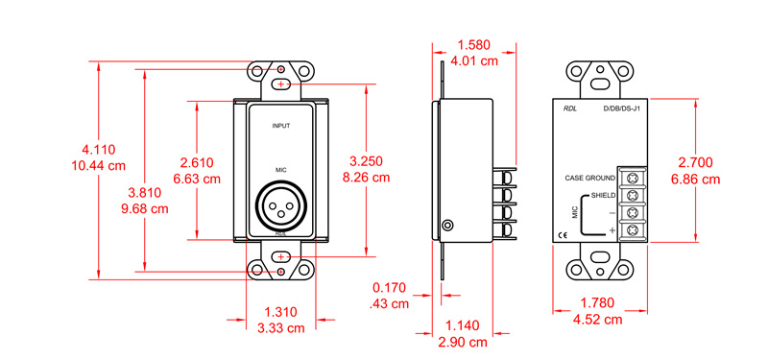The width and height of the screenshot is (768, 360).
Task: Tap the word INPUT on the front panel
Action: tap(281, 126)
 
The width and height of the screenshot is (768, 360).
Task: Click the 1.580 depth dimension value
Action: tap(477, 44)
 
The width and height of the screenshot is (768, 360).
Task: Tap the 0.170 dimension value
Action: tap(391, 287)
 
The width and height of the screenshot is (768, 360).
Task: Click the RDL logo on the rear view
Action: tap(571, 108)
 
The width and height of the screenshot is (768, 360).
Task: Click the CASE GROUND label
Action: tap(588, 179)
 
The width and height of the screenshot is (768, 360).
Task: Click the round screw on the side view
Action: tap(448, 226)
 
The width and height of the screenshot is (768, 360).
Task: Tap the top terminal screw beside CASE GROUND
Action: tap(633, 178)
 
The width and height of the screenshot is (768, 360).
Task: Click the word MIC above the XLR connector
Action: tap(281, 169)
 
